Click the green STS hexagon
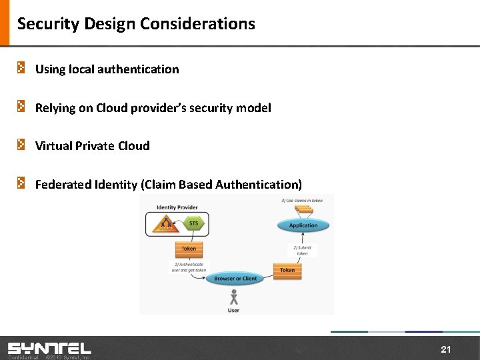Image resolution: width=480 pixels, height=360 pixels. [193, 223]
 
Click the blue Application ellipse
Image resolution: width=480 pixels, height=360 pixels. [303, 225]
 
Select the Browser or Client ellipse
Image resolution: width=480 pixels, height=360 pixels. [235, 279]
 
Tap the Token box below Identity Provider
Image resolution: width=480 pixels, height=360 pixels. [189, 249]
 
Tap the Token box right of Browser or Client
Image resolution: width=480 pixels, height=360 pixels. [287, 270]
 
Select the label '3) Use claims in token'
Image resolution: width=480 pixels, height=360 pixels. [302, 200]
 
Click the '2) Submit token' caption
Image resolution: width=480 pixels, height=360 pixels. [303, 251]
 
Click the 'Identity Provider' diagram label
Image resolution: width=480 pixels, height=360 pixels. [177, 207]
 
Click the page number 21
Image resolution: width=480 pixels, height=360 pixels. [446, 349]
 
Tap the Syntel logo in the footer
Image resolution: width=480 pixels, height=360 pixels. [49, 348]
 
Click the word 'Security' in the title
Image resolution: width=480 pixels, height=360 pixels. [42, 24]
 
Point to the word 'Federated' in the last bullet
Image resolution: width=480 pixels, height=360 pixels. [61, 184]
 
